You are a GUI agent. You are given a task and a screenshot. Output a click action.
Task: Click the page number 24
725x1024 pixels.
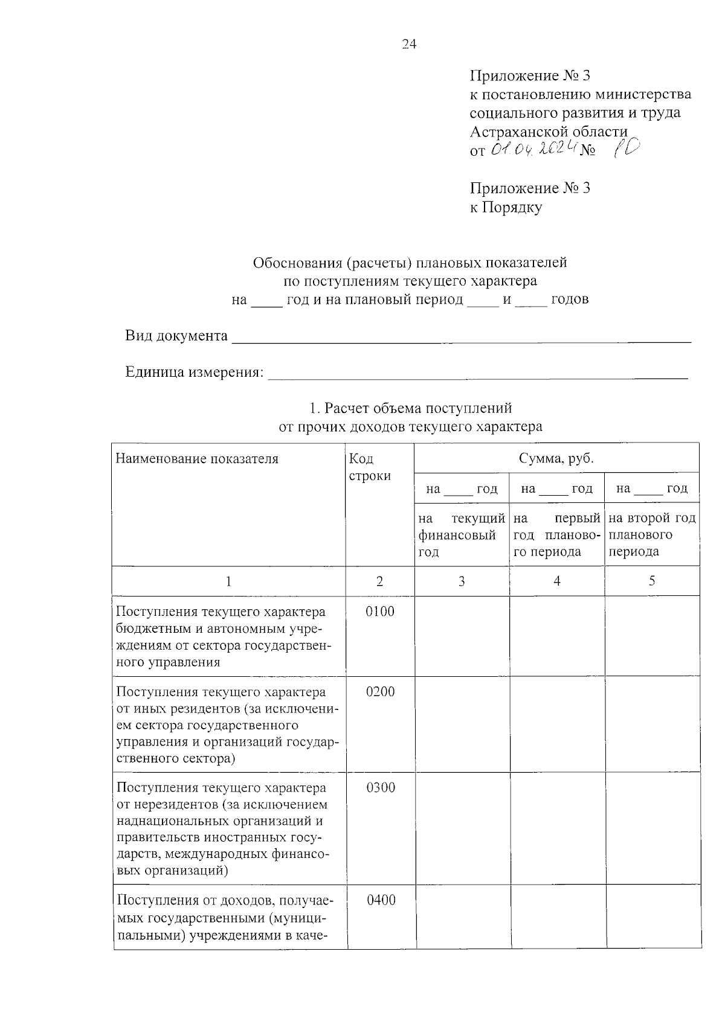click(x=409, y=45)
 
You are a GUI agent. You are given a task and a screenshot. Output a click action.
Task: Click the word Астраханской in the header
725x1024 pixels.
click(x=517, y=132)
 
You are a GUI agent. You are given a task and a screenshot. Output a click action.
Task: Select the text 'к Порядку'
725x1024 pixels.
click(x=506, y=207)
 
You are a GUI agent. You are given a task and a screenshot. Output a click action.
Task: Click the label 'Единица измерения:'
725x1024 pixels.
click(x=195, y=372)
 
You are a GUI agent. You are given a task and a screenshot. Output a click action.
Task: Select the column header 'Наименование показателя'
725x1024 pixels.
click(x=197, y=459)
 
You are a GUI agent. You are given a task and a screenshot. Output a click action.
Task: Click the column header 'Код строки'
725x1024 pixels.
click(x=370, y=467)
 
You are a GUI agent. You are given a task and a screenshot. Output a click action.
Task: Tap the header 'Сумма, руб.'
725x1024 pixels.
click(x=556, y=458)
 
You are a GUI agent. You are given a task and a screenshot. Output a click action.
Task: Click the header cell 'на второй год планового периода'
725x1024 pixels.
click(x=652, y=534)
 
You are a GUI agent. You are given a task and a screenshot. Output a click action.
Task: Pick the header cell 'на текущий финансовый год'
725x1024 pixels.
click(x=462, y=534)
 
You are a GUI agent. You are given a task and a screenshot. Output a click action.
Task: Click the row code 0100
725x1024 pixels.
click(x=380, y=612)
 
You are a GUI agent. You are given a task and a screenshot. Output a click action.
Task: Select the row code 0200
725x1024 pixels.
click(x=380, y=692)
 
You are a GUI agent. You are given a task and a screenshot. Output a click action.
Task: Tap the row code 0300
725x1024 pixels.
click(x=380, y=787)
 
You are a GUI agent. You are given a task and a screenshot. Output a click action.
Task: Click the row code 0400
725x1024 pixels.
click(x=381, y=900)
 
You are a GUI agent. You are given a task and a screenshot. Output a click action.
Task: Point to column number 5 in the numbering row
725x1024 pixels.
click(x=652, y=581)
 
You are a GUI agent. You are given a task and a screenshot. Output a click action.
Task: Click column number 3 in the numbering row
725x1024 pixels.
click(x=462, y=581)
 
